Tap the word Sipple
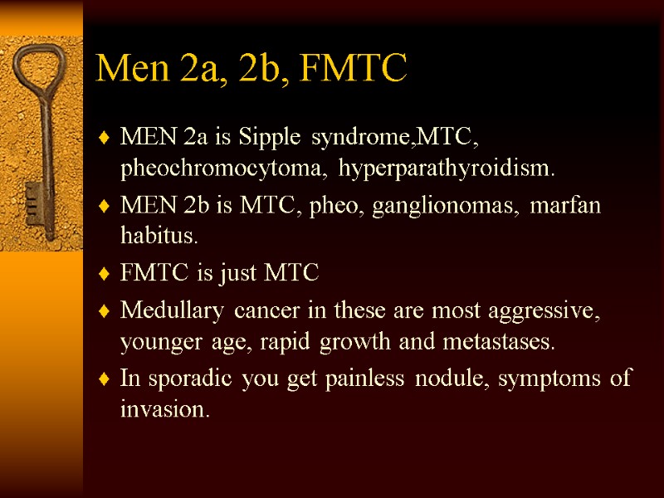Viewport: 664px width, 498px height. [x=269, y=135]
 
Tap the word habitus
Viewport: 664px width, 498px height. [x=159, y=237]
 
